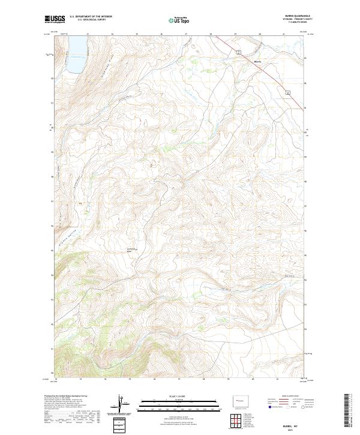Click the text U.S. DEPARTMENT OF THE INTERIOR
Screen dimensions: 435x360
[91, 17]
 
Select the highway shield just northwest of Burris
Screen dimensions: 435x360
[238, 53]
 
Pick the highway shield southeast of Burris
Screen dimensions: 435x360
[287, 92]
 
